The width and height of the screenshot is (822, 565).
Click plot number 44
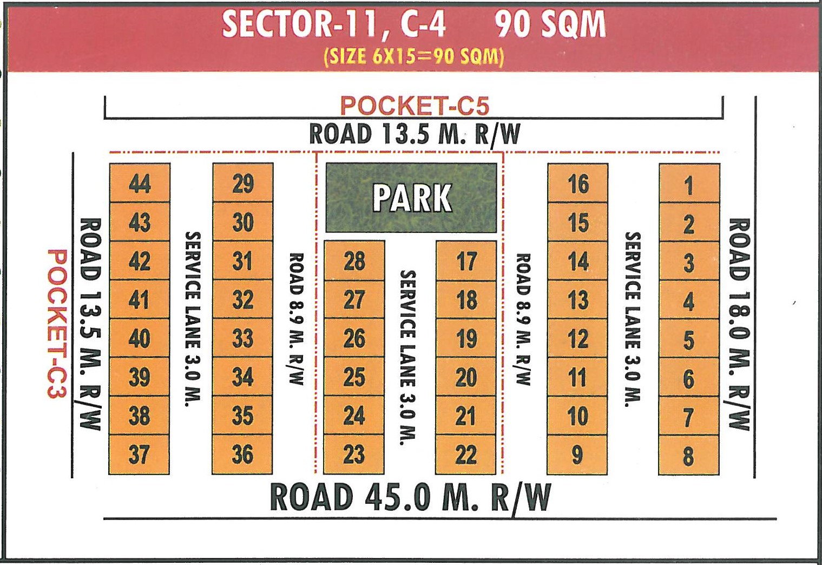pos(140,183)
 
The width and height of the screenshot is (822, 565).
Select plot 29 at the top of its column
pos(243,183)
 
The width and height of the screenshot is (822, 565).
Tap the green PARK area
pos(411,198)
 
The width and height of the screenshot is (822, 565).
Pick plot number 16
pos(578,184)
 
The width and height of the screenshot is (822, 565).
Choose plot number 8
pos(688,456)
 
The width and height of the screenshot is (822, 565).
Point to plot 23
pos(354,454)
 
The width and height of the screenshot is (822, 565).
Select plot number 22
pos(466,454)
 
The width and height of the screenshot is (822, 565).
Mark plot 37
pos(139,454)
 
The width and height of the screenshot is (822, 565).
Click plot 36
pos(242,454)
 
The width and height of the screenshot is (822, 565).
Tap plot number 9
pos(577,454)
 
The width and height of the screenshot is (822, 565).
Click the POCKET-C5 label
pos(415,105)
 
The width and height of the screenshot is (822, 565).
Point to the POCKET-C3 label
pos(57,323)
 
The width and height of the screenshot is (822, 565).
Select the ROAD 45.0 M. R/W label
pos(410,497)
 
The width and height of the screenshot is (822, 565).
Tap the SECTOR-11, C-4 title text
pos(334,25)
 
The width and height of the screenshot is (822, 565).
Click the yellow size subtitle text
pos(414,56)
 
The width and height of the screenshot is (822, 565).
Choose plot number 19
pos(466,339)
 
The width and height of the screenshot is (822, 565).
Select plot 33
pos(242,339)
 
